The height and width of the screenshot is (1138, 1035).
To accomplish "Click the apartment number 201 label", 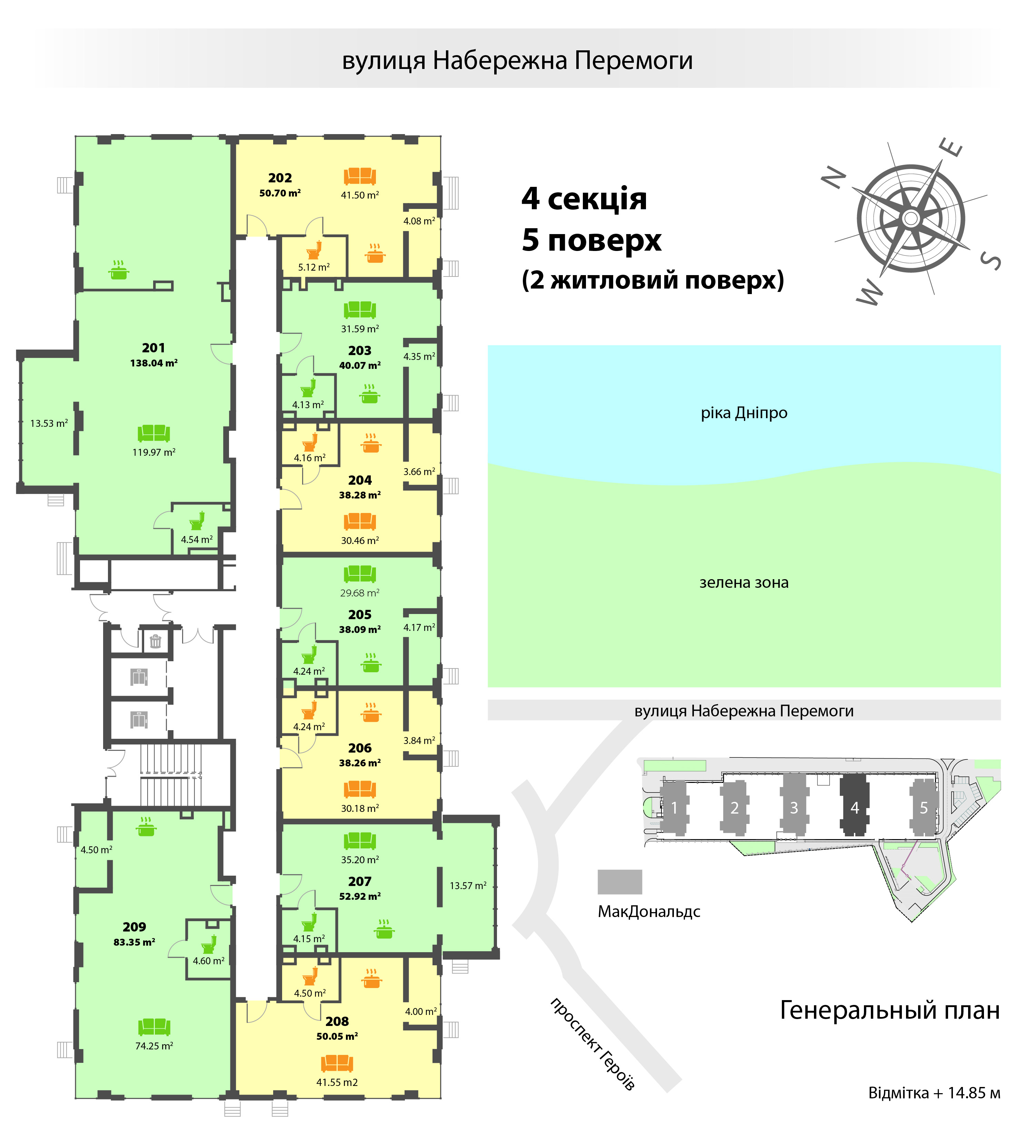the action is tap(153, 348).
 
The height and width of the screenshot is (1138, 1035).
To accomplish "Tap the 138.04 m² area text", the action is tap(153, 363).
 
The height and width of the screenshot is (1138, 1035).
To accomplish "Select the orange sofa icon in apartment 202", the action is tap(360, 176).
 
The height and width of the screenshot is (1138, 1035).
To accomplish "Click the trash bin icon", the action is tap(155, 641).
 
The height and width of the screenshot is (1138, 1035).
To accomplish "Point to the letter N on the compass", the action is tap(834, 178).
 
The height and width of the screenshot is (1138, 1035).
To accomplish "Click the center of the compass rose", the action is tap(911, 218).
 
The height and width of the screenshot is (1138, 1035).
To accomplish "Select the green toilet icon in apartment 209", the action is tap(209, 944).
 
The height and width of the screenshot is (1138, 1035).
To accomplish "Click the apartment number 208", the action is tap(337, 1022).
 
